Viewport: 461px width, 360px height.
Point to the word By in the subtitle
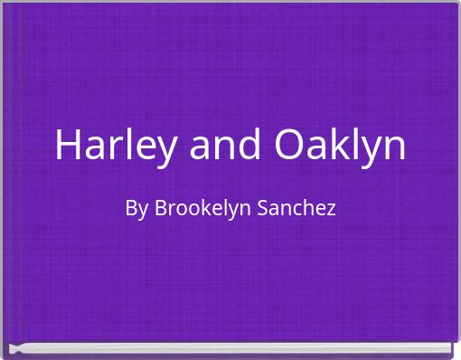(x=136, y=209)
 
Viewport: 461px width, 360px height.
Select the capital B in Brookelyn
(x=160, y=208)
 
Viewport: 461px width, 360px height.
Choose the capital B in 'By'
(x=131, y=208)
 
